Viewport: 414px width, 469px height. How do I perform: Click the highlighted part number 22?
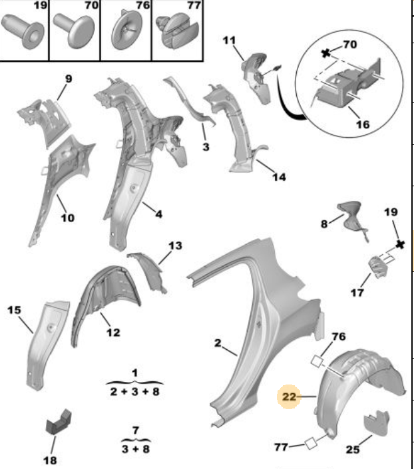[x=289, y=396]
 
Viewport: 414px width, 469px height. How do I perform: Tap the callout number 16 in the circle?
[x=363, y=124]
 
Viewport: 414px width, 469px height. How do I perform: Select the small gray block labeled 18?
[x=59, y=422]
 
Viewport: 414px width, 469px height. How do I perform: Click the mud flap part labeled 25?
[x=377, y=422]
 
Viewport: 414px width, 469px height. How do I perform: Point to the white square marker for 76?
[x=317, y=361]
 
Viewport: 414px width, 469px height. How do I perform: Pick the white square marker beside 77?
[x=310, y=443]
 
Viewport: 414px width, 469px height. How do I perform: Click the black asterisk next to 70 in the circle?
[x=325, y=54]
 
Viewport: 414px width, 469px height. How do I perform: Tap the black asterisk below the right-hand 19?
[x=400, y=244]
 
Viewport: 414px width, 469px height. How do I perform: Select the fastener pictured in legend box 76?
[x=126, y=30]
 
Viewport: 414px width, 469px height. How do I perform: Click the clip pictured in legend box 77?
[x=177, y=31]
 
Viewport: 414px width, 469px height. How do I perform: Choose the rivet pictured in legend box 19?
[x=23, y=31]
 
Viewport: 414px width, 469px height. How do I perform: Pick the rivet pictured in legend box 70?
[x=75, y=31]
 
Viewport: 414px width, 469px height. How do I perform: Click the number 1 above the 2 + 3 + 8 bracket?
[x=134, y=373]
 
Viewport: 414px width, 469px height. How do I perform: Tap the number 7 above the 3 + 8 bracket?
[x=136, y=430]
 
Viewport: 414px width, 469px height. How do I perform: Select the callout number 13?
[x=175, y=245]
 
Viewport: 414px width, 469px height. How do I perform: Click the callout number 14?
[x=279, y=177]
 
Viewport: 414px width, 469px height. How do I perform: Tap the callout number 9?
[x=69, y=79]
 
